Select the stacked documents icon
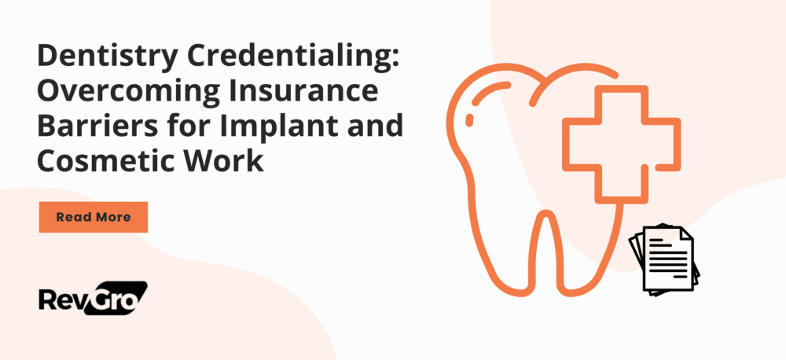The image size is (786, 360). [x=664, y=259]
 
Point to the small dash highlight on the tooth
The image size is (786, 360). [x=471, y=119]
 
